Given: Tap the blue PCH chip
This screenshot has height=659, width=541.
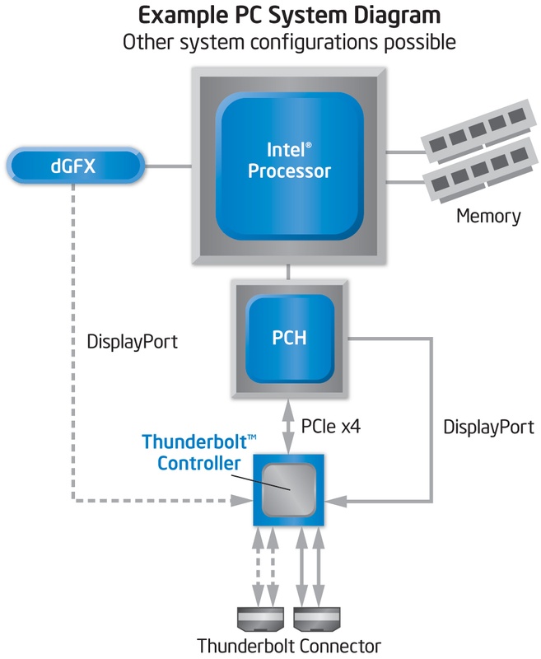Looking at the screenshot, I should pyautogui.click(x=290, y=339).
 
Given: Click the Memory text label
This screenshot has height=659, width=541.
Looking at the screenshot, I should pyautogui.click(x=488, y=217).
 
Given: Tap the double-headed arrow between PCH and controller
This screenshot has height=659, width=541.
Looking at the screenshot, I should pyautogui.click(x=288, y=425).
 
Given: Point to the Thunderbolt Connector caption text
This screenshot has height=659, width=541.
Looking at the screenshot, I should pyautogui.click(x=288, y=644).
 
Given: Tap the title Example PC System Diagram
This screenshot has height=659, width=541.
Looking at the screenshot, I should pyautogui.click(x=288, y=15).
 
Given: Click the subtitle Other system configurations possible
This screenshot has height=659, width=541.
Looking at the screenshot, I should pyautogui.click(x=288, y=42).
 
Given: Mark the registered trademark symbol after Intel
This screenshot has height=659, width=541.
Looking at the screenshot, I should pyautogui.click(x=309, y=144).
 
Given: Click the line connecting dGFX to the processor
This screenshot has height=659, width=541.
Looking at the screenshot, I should pyautogui.click(x=168, y=167).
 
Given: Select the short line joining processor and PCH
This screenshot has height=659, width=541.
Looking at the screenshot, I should pyautogui.click(x=288, y=270).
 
